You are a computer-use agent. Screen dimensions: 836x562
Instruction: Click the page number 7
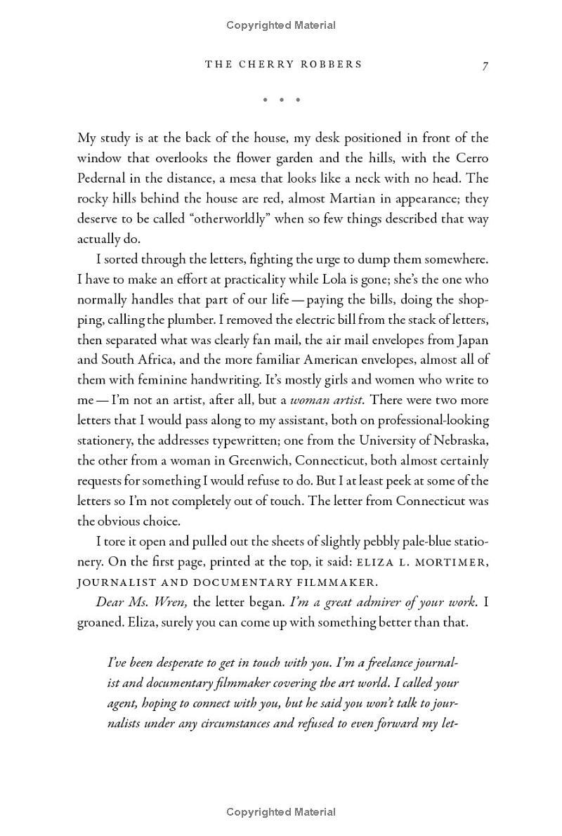[x=485, y=65]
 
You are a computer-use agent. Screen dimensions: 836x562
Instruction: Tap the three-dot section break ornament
[x=281, y=100]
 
